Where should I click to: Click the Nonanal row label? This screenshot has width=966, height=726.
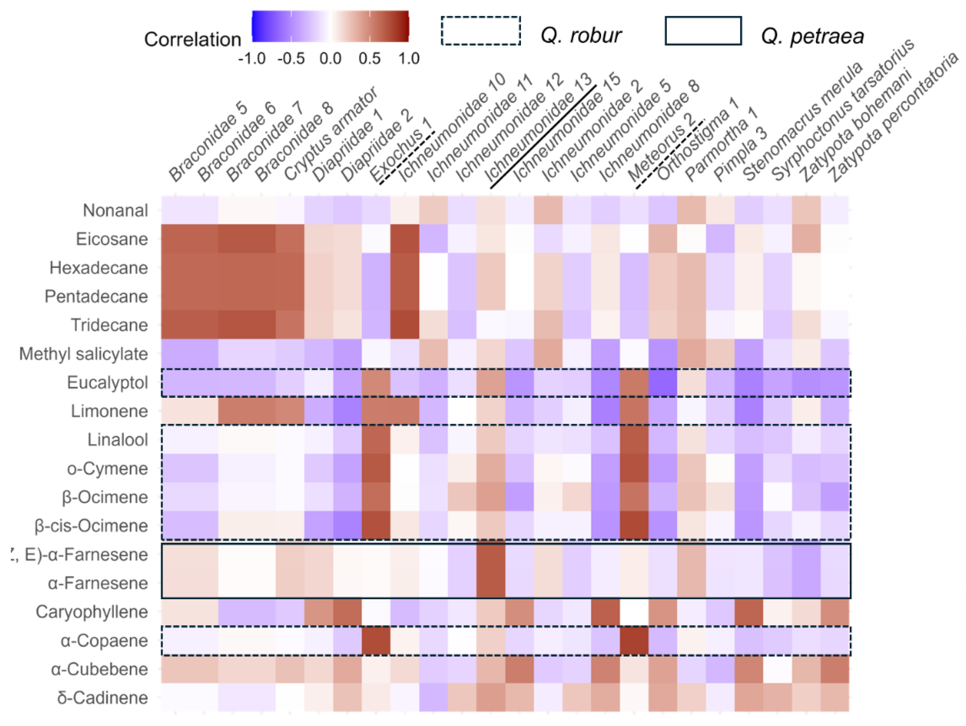pyautogui.click(x=115, y=210)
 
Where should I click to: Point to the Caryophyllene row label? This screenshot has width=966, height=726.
pyautogui.click(x=92, y=612)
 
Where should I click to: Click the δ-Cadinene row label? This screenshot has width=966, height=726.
pyautogui.click(x=102, y=697)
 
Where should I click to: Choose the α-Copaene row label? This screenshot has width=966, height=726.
pyautogui.click(x=104, y=640)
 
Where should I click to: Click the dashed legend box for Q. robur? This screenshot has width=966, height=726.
pyautogui.click(x=480, y=31)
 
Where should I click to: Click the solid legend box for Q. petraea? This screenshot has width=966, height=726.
pyautogui.click(x=703, y=31)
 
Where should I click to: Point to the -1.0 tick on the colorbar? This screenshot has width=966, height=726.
pyautogui.click(x=252, y=58)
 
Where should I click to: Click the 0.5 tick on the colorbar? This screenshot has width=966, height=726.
pyautogui.click(x=369, y=58)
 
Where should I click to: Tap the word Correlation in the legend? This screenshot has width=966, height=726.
pyautogui.click(x=192, y=39)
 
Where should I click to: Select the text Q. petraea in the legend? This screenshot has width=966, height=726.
pyautogui.click(x=812, y=36)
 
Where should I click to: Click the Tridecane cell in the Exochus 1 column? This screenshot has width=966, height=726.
pyautogui.click(x=404, y=325)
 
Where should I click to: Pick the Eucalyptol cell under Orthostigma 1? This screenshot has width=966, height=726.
pyautogui.click(x=662, y=382)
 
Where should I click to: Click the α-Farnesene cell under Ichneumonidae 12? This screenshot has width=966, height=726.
pyautogui.click(x=490, y=583)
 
